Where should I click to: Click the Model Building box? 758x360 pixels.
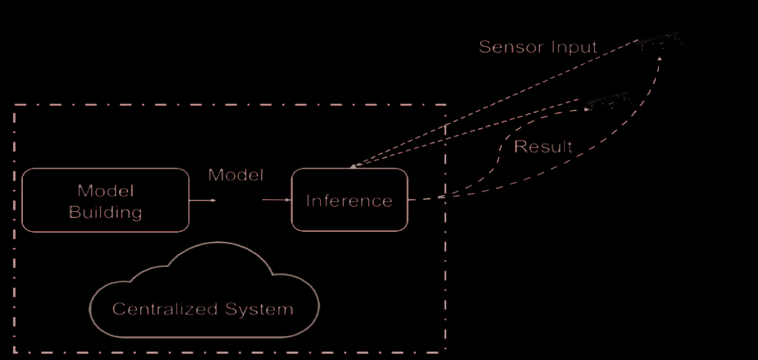pos(105,200)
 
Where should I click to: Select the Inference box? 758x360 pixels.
pos(349,200)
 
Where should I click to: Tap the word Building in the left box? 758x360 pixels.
pos(105,212)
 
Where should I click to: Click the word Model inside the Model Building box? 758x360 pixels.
pos(105,189)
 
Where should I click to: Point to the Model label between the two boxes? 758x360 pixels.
pos(236,175)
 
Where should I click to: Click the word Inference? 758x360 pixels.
pos(349,201)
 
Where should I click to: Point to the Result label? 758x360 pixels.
pos(543,146)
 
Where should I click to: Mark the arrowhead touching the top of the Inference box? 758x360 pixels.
pos(352,167)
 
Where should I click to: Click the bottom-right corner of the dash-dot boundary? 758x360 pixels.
pos(445,352)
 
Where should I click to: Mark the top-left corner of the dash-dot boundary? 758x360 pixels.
pos(14,105)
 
